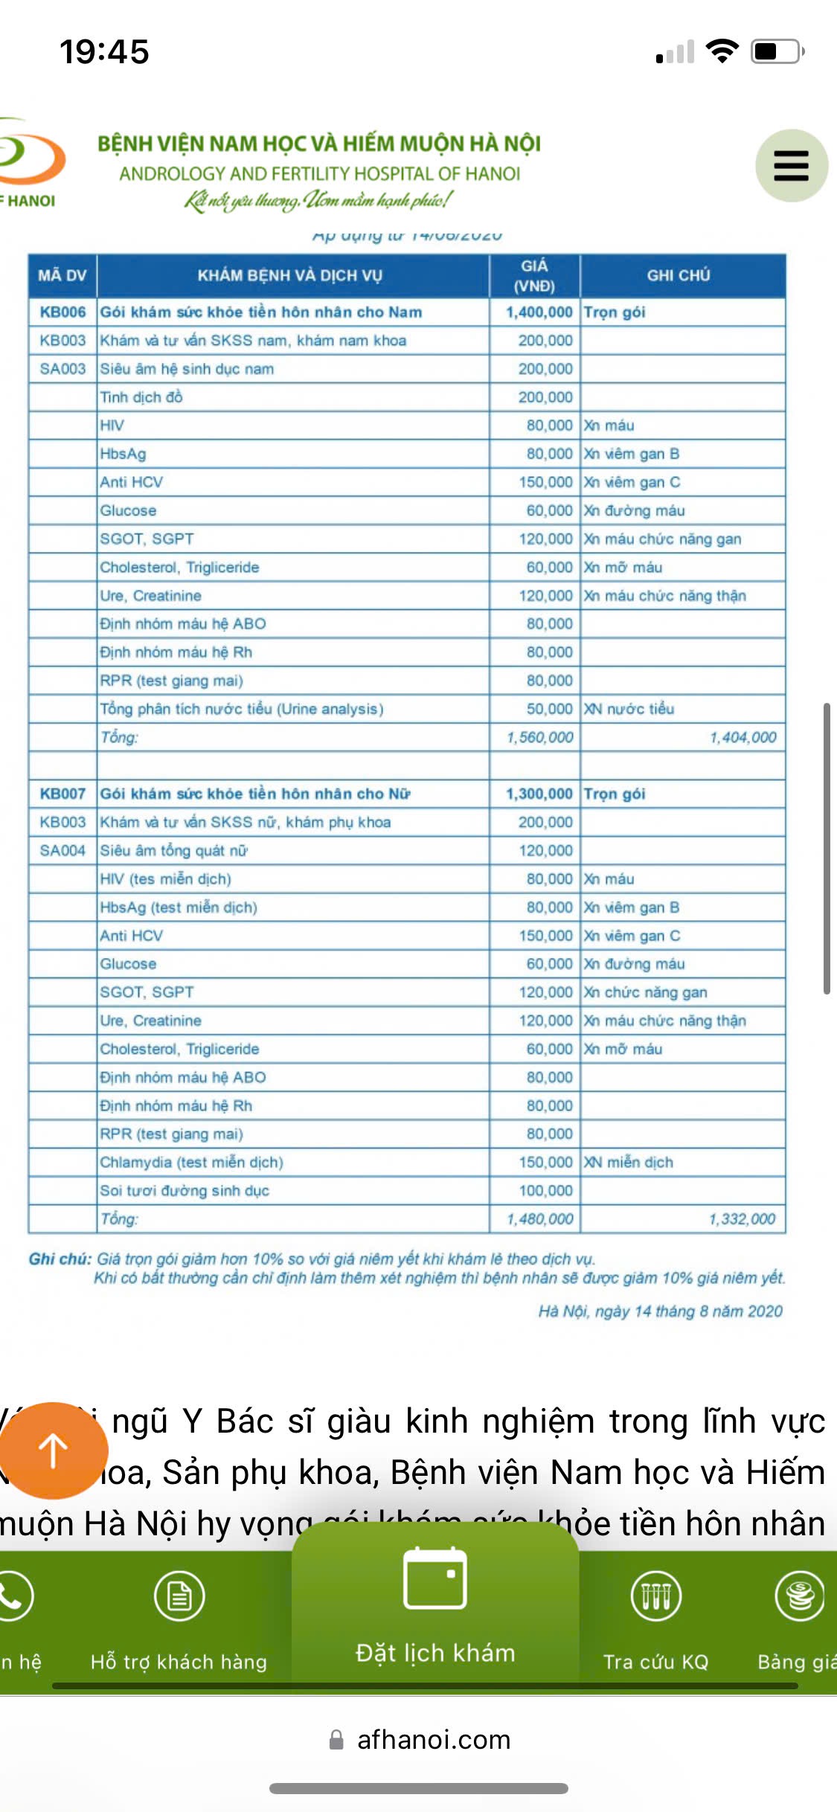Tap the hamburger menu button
tap(791, 165)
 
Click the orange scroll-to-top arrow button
tap(54, 1450)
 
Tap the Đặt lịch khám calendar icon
tap(434, 1578)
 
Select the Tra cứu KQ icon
tap(655, 1596)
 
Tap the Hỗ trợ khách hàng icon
tap(179, 1596)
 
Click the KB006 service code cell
tap(62, 312)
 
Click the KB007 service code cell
tap(62, 794)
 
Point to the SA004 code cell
tap(62, 850)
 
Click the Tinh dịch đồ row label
tap(141, 397)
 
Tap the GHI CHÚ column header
tap(679, 276)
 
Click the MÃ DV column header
tap(62, 276)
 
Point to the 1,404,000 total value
tap(743, 737)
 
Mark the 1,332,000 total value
tap(742, 1219)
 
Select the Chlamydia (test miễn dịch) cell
tap(192, 1163)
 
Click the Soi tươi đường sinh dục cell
tap(185, 1191)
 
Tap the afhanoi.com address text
tap(434, 1740)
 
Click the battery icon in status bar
tap(777, 51)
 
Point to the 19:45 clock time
tap(104, 52)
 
